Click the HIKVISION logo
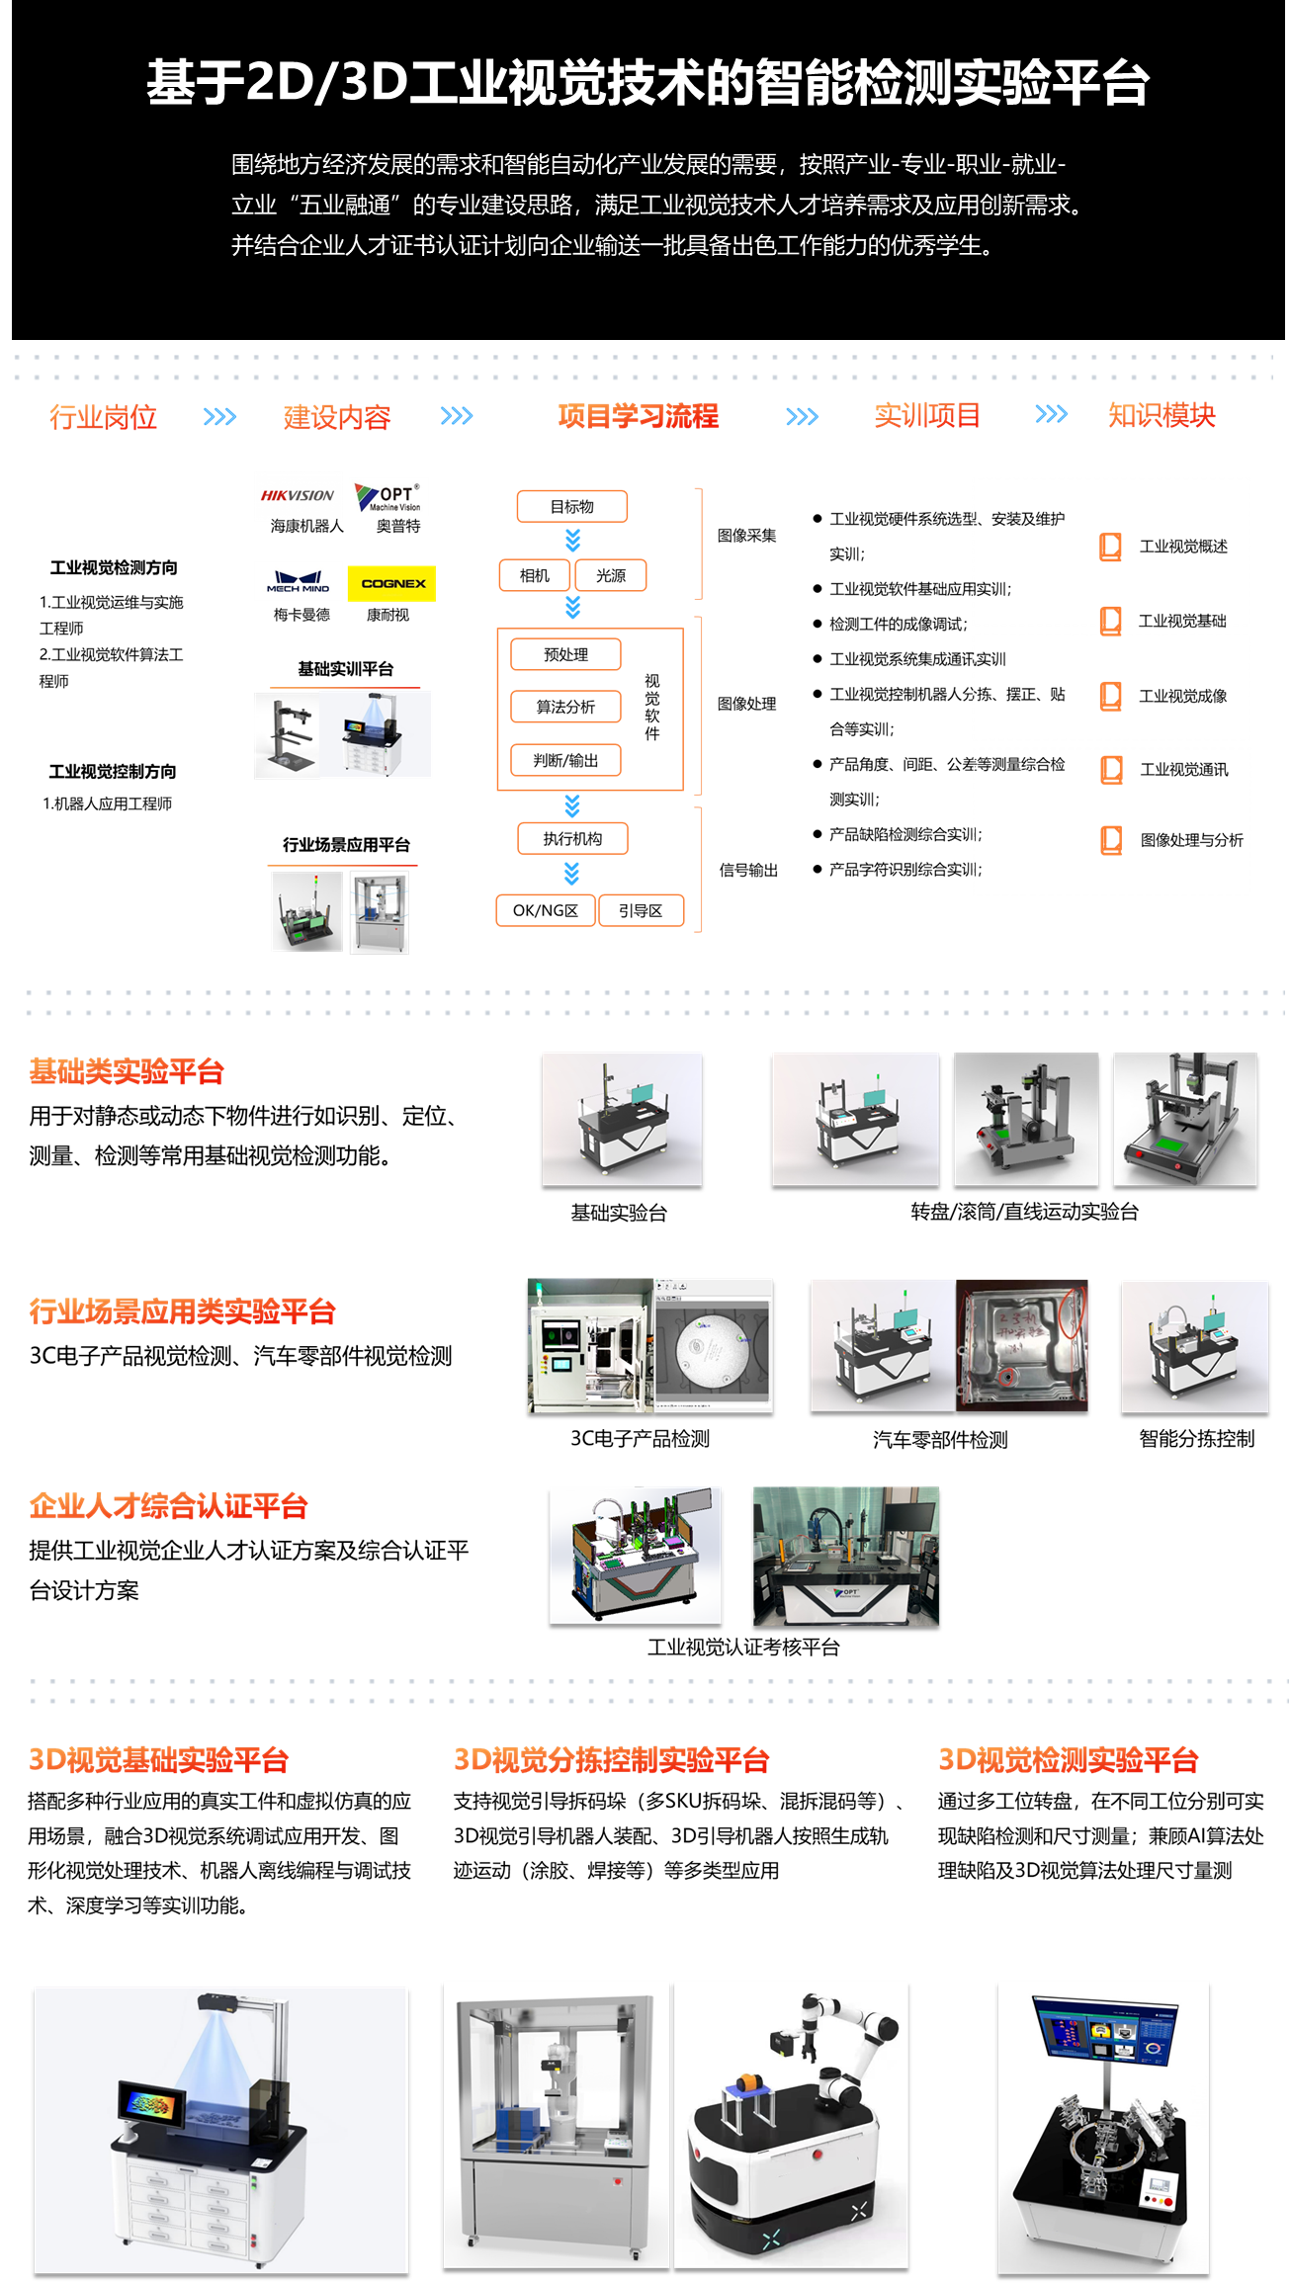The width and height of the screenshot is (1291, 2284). (298, 496)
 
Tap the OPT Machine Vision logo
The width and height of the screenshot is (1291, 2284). (389, 497)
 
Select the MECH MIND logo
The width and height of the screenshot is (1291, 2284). (298, 581)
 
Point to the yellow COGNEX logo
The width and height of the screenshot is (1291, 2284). (392, 583)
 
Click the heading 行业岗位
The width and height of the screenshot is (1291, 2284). (104, 416)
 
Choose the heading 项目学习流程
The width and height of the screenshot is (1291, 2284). (638, 416)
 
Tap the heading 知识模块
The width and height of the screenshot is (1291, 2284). (1162, 416)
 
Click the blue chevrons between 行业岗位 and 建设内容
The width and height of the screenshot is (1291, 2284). (219, 416)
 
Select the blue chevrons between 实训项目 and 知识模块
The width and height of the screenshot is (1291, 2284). (1051, 414)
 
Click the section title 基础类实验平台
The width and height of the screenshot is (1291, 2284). (127, 1071)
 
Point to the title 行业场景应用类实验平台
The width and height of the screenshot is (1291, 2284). (182, 1311)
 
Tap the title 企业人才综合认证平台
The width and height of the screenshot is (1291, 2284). (168, 1506)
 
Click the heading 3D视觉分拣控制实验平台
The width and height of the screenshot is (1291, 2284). (611, 1760)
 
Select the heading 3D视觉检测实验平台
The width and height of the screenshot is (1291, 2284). (1068, 1760)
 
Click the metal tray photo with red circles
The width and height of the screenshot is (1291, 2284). (1022, 1345)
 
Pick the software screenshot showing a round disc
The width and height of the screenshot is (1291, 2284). (714, 1345)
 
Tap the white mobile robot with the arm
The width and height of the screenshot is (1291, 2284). (791, 2125)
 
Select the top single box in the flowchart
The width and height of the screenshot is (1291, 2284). (572, 506)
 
